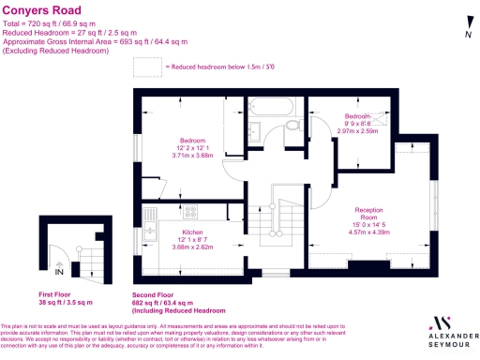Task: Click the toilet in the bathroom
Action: [292, 124]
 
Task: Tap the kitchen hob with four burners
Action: [190, 211]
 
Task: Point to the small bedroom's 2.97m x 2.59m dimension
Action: [357, 131]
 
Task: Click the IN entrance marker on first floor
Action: [59, 273]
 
